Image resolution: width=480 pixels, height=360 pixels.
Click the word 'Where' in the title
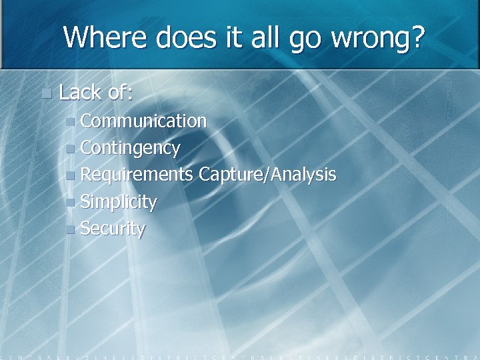click(x=107, y=37)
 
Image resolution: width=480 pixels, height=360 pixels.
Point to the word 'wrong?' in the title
click(x=376, y=39)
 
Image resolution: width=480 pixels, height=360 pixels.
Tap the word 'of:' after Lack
click(x=121, y=93)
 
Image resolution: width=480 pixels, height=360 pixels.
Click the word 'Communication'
click(x=143, y=121)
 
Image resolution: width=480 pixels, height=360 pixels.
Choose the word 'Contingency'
click(x=130, y=148)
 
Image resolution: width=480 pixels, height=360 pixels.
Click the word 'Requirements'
click(x=137, y=175)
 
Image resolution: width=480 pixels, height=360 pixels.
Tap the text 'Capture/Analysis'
click(x=267, y=175)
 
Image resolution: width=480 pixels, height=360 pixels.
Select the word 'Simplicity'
click(x=119, y=202)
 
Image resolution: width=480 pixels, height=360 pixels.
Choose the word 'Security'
click(x=113, y=229)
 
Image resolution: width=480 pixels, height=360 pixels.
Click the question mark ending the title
click(x=417, y=37)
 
